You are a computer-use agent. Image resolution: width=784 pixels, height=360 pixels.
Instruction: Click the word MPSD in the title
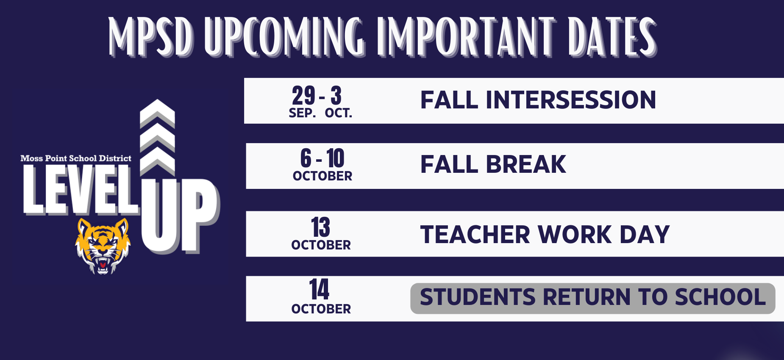click(x=151, y=37)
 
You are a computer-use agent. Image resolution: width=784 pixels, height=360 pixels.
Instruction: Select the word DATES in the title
click(x=612, y=37)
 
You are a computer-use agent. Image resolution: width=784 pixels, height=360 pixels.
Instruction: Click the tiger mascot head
click(x=103, y=246)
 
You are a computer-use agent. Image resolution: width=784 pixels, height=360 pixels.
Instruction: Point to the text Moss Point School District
click(x=76, y=158)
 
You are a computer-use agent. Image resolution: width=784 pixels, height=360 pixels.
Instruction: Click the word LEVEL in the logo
click(x=81, y=190)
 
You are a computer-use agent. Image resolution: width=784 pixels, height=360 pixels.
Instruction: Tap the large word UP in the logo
click(x=181, y=216)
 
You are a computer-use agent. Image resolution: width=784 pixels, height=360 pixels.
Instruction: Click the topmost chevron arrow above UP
click(x=157, y=112)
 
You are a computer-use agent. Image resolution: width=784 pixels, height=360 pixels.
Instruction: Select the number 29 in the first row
click(x=303, y=96)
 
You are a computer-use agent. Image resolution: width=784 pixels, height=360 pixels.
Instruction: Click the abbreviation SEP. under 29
click(x=302, y=113)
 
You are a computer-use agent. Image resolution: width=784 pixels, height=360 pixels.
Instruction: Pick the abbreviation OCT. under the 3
click(x=339, y=113)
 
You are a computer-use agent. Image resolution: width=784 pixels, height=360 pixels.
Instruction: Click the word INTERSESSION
click(x=571, y=100)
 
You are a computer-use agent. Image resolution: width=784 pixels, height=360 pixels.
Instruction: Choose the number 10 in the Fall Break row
click(x=335, y=158)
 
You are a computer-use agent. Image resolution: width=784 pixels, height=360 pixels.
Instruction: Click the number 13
click(x=320, y=227)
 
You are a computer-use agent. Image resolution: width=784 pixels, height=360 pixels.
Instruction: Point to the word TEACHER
click(x=475, y=235)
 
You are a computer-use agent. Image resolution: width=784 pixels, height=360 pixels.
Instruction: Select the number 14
click(x=319, y=290)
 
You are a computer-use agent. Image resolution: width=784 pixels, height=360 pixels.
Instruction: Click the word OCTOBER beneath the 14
click(x=321, y=309)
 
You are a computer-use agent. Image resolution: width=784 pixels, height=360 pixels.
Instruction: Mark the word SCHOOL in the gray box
click(x=720, y=297)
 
